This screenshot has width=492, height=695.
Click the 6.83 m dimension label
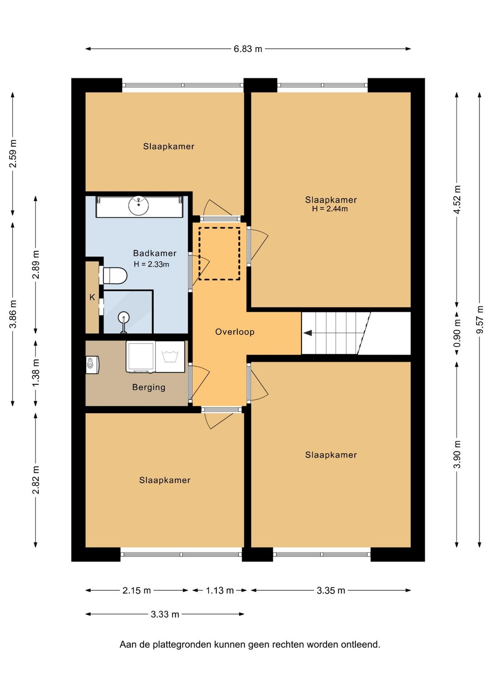(x=248, y=49)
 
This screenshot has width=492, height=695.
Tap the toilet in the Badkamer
(x=115, y=276)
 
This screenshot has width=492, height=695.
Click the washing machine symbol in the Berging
(x=170, y=357)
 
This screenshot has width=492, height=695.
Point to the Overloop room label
(x=235, y=332)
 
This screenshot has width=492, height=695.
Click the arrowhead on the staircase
(x=307, y=333)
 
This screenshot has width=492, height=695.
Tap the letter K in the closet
(x=92, y=297)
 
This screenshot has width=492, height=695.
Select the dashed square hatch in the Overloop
(x=220, y=254)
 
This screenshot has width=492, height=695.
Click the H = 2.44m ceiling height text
(x=330, y=209)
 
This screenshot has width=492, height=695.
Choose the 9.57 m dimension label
(x=480, y=320)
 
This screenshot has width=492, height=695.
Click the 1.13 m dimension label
(x=220, y=590)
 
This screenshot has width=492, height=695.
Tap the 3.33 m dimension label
(x=165, y=614)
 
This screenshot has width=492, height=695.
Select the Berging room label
(x=149, y=388)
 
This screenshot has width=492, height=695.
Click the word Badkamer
(x=154, y=253)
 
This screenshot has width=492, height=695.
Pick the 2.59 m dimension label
(x=13, y=153)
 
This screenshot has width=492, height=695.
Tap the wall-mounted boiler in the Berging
(x=92, y=365)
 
